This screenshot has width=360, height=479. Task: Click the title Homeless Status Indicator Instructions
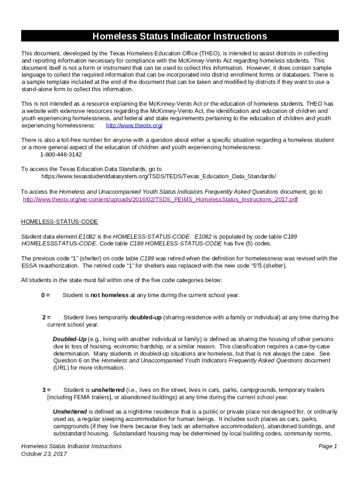pyautogui.click(x=180, y=36)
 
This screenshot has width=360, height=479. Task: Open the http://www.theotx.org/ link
pyautogui.click(x=134, y=126)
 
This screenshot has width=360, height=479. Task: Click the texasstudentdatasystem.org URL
pyautogui.click(x=158, y=176)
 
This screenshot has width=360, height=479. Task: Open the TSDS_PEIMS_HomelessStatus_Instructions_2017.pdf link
pyautogui.click(x=160, y=199)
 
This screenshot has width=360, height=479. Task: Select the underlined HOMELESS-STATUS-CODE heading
pyautogui.click(x=60, y=221)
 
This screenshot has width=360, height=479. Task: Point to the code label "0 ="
pyautogui.click(x=45, y=295)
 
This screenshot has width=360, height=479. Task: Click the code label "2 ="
pyautogui.click(x=46, y=317)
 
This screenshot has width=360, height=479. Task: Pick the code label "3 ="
pyautogui.click(x=46, y=390)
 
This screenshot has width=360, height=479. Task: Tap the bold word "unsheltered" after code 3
pyautogui.click(x=108, y=390)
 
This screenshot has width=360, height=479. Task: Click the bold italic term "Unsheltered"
pyautogui.click(x=70, y=412)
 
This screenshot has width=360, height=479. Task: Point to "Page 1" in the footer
pyautogui.click(x=328, y=446)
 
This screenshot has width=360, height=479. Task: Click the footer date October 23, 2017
pyautogui.click(x=45, y=454)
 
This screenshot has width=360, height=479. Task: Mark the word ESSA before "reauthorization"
pyautogui.click(x=30, y=266)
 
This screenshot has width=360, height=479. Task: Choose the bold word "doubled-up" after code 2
pyautogui.click(x=146, y=317)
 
